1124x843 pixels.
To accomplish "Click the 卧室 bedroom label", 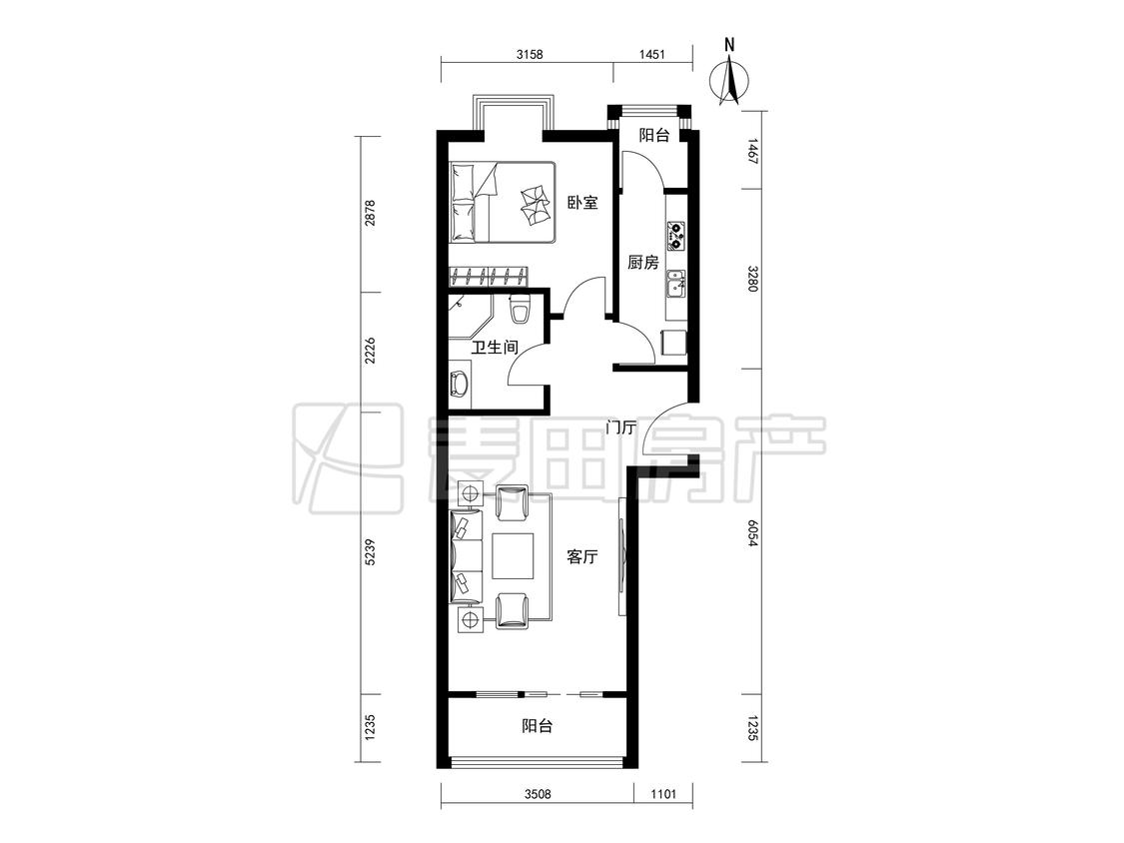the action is coord(582,203).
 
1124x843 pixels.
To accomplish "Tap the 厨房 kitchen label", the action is coord(643,263).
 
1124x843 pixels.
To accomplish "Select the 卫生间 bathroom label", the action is coord(495,348).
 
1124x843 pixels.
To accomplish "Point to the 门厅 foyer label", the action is coord(620,427).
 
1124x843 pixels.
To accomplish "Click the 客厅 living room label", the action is coord(582,557).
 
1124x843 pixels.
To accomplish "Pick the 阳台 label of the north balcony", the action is coord(654,135).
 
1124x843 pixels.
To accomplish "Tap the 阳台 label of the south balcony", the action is coord(537,726).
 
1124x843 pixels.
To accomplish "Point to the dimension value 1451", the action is coord(651,54).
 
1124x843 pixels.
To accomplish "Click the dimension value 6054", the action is coord(751,534).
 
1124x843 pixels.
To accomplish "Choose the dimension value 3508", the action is coord(538,793).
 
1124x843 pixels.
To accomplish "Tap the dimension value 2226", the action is coord(370,352).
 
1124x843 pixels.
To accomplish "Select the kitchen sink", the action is coord(675,284).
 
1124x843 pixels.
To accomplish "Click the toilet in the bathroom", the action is coord(519,309).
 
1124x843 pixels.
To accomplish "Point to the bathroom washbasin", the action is coord(459,385).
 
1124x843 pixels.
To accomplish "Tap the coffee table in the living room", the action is coord(514,557).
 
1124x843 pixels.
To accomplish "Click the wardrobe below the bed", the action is coord(489,276).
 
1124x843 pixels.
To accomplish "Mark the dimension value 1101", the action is coord(663,793).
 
